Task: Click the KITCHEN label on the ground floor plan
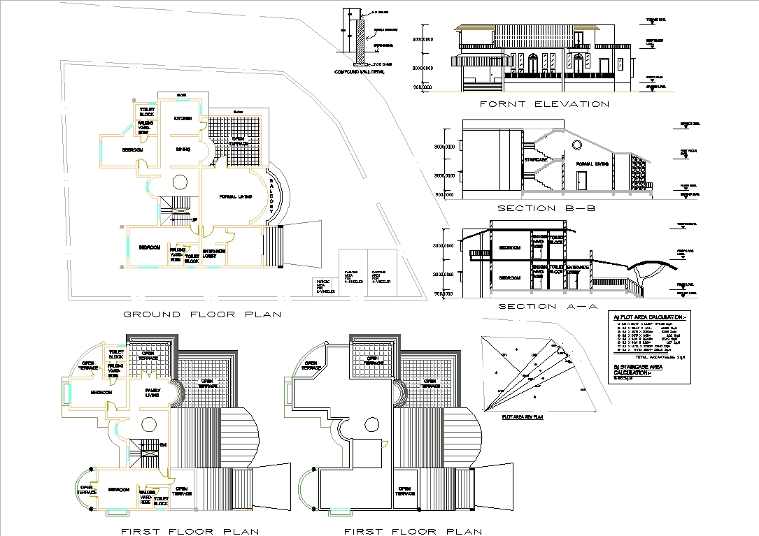pos(183,119)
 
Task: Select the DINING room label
pos(183,149)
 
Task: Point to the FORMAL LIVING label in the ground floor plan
pos(236,196)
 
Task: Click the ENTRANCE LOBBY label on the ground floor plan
pos(213,253)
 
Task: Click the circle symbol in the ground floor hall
pos(180,182)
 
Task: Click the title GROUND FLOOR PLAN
pos(202,314)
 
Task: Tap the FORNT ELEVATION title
pos(544,104)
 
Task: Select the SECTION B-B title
pos(546,208)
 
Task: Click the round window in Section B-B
pos(576,145)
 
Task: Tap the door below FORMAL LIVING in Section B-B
pos(581,181)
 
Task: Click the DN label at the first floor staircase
pos(163,444)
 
